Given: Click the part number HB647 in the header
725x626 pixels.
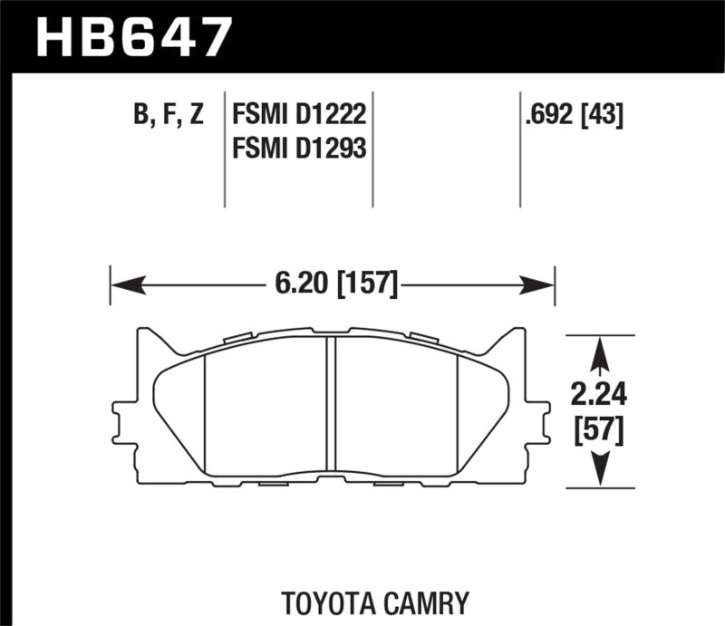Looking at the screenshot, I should pyautogui.click(x=133, y=36).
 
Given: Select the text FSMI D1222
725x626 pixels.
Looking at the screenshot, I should pyautogui.click(x=299, y=115).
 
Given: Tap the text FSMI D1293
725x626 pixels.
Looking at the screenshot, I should pyautogui.click(x=299, y=147).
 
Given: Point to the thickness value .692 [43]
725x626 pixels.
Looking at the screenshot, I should pyautogui.click(x=573, y=115).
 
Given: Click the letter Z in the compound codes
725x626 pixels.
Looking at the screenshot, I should pyautogui.click(x=197, y=115).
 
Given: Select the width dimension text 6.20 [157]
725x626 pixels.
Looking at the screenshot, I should pyautogui.click(x=334, y=284).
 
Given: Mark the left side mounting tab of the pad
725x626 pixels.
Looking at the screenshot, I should pyautogui.click(x=121, y=417).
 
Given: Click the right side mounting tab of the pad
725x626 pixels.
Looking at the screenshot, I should pyautogui.click(x=542, y=417).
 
